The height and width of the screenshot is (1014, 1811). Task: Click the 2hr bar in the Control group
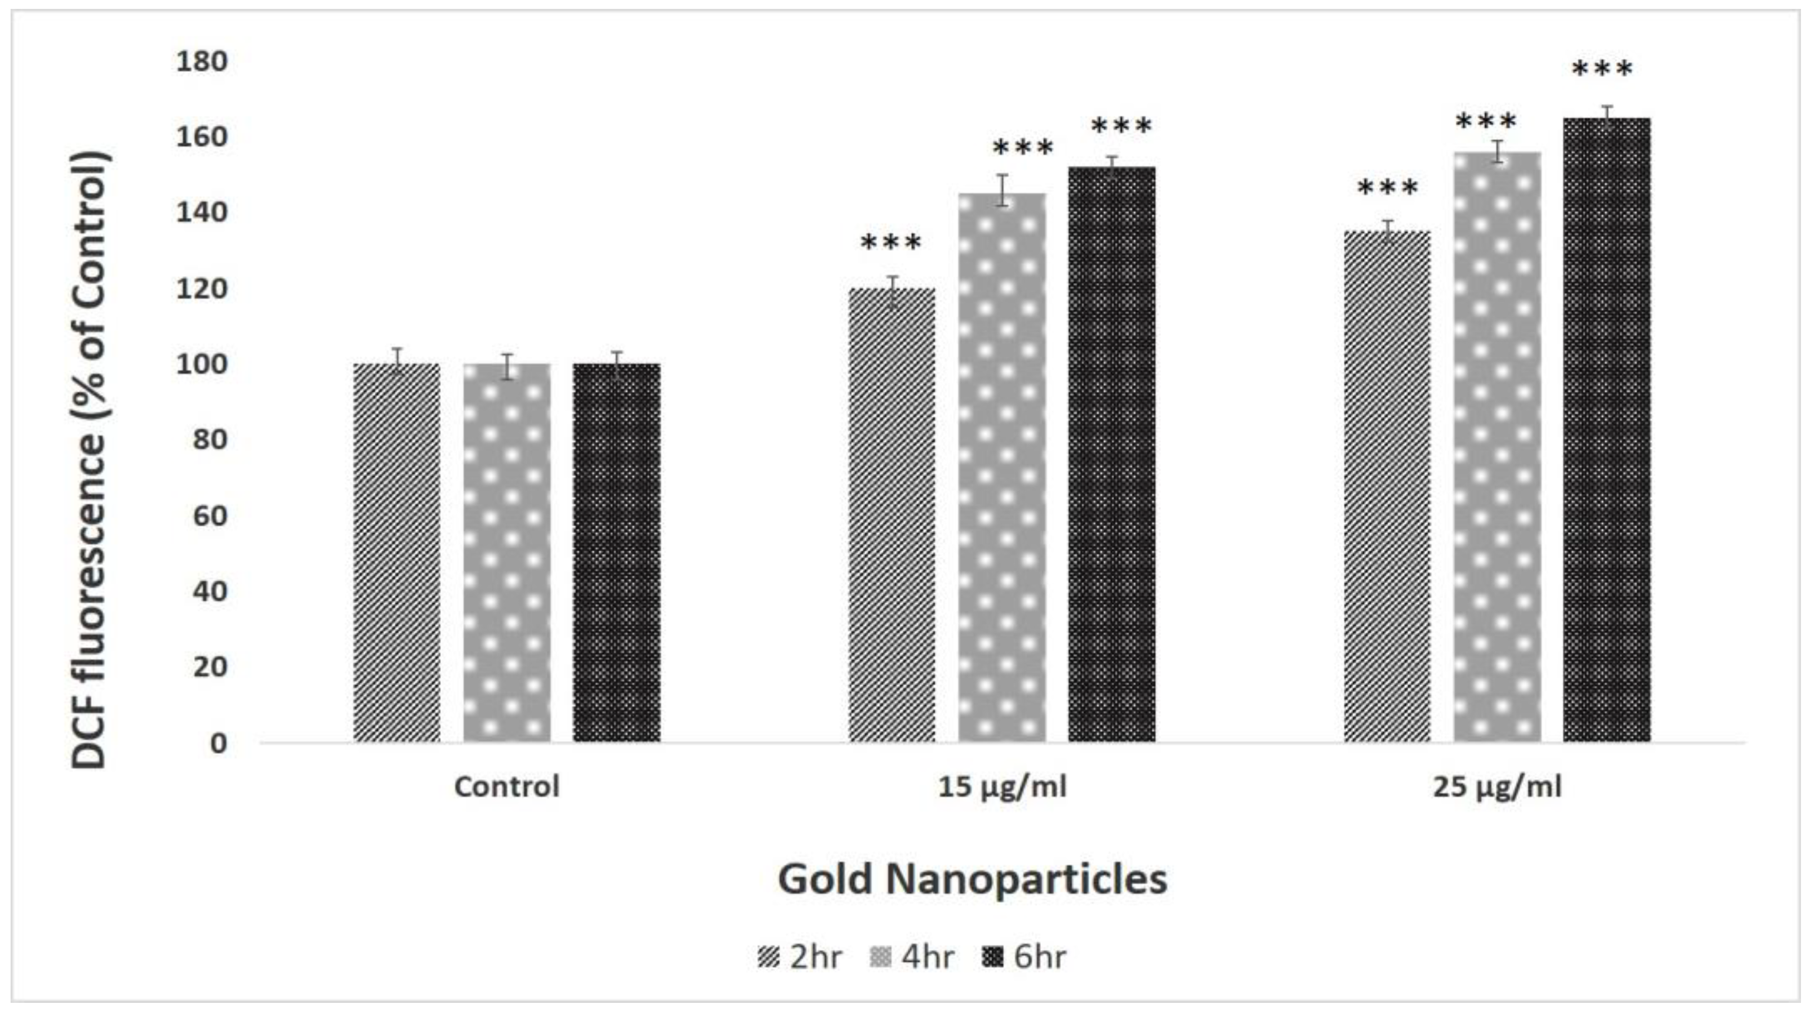[x=397, y=552]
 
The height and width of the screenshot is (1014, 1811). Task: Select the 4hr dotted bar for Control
[x=507, y=552]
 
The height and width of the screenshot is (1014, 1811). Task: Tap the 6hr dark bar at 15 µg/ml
[x=1112, y=454]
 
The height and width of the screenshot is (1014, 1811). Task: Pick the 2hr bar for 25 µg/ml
[x=1387, y=486]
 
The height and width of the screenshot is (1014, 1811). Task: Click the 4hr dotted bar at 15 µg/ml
[x=1002, y=467]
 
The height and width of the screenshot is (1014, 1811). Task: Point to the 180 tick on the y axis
[x=202, y=62]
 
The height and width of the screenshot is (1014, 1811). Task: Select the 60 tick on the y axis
[x=209, y=516]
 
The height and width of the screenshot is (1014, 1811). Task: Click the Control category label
[x=507, y=786]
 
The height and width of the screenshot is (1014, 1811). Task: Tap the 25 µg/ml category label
[x=1497, y=786]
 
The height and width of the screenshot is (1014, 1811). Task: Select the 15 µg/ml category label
[x=1002, y=786]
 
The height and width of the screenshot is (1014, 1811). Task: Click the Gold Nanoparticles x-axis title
[x=972, y=878]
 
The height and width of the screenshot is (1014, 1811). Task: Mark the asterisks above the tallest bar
[x=1602, y=70]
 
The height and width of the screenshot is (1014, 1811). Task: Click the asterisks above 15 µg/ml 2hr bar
[x=890, y=243]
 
